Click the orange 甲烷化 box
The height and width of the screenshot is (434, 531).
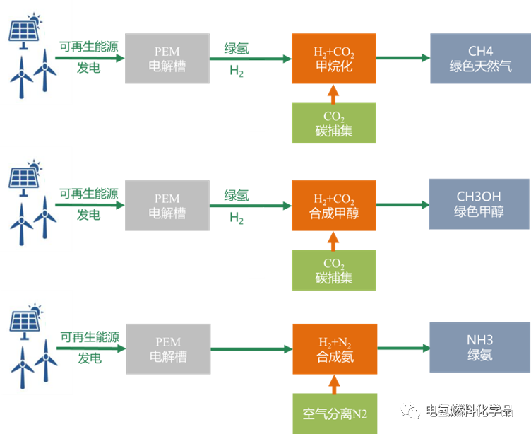(x=333, y=59)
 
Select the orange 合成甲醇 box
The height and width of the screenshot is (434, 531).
(x=333, y=205)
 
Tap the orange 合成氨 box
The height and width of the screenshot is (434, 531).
(x=335, y=349)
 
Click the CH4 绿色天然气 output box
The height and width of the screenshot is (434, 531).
(x=480, y=59)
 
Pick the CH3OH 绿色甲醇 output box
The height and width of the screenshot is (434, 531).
(x=479, y=204)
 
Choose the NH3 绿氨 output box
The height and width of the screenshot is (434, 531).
(x=479, y=347)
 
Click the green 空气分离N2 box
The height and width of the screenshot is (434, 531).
(x=335, y=413)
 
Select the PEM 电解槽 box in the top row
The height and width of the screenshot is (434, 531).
(x=167, y=59)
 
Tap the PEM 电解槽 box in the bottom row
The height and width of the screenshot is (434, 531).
(x=168, y=349)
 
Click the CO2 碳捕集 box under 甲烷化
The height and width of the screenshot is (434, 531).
(x=334, y=123)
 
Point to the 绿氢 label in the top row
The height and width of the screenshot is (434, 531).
(x=237, y=49)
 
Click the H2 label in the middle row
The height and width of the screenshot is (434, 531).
(x=237, y=218)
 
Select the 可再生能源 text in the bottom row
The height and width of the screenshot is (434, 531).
(x=90, y=337)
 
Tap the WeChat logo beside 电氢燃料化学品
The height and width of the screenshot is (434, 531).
(x=411, y=411)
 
